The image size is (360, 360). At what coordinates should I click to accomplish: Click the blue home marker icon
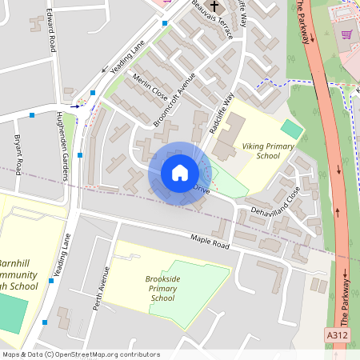pyautogui.click(x=179, y=173)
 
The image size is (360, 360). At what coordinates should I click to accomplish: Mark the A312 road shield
pyautogui.click(x=337, y=334)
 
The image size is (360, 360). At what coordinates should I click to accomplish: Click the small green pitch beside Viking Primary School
pyautogui.click(x=292, y=129)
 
